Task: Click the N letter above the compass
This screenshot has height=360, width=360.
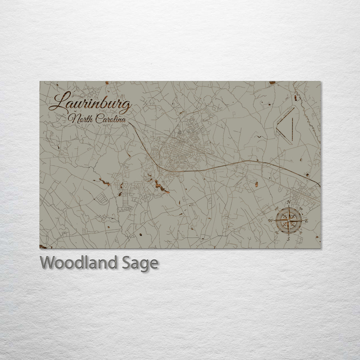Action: [x=289, y=202]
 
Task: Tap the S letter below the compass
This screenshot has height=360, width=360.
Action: [x=289, y=239]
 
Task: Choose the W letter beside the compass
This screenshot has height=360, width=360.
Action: [x=271, y=221]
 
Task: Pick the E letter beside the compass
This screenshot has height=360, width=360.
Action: [x=307, y=221]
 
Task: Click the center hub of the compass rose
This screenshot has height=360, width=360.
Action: [x=289, y=220]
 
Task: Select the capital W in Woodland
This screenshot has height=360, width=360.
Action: [x=48, y=263]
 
